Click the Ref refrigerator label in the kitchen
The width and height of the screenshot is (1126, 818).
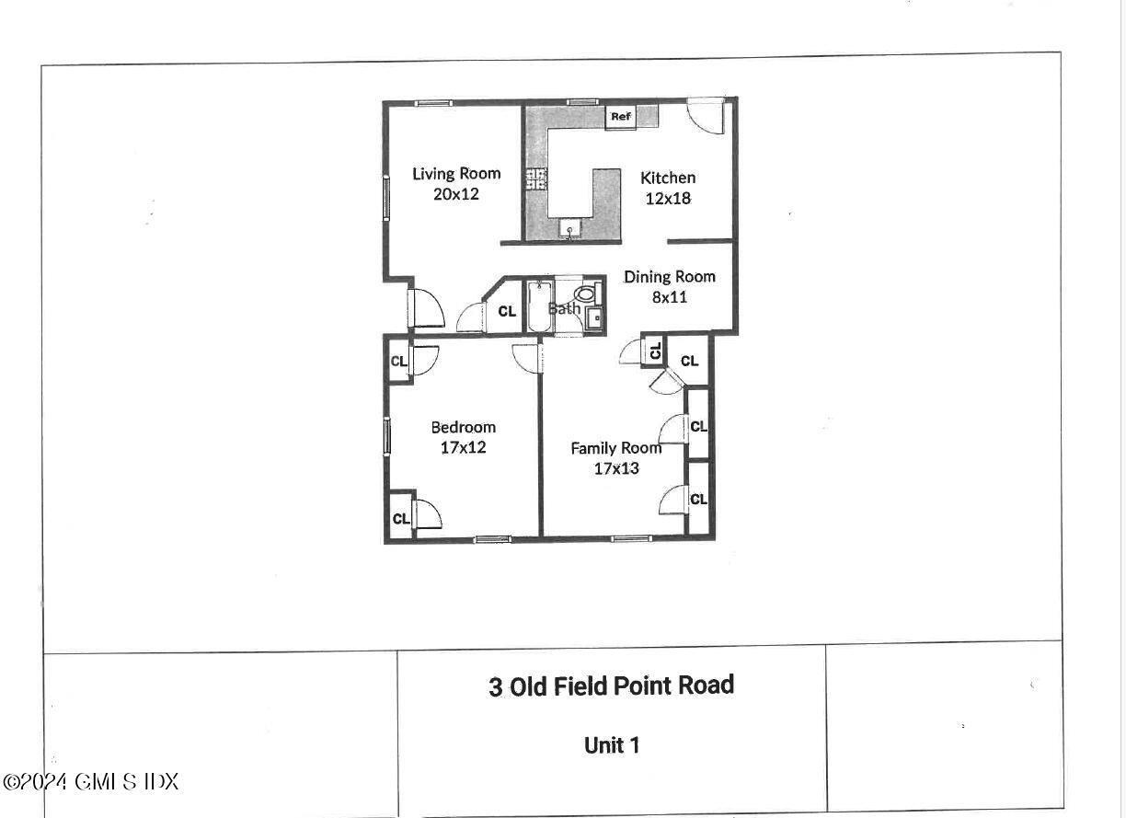pyautogui.click(x=621, y=117)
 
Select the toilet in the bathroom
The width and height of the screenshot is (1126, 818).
pyautogui.click(x=585, y=294)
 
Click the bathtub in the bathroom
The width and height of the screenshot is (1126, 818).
pyautogui.click(x=536, y=307)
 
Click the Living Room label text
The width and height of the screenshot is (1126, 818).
pyautogui.click(x=456, y=173)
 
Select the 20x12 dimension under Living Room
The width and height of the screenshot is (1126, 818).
pyautogui.click(x=456, y=194)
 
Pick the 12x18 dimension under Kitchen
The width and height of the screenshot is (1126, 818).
pyautogui.click(x=668, y=198)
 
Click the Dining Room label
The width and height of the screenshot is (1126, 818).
pyautogui.click(x=669, y=276)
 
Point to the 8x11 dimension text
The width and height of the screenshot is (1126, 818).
pyautogui.click(x=669, y=297)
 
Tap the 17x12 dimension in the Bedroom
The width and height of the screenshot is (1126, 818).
pyautogui.click(x=463, y=448)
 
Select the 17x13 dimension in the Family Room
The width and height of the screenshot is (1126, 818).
pyautogui.click(x=615, y=468)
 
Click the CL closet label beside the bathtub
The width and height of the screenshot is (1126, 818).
pyautogui.click(x=507, y=312)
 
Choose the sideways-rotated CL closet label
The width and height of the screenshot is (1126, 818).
pyautogui.click(x=655, y=351)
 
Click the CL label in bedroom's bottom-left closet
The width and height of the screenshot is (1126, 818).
pyautogui.click(x=400, y=519)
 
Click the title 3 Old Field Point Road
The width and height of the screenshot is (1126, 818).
pyautogui.click(x=611, y=686)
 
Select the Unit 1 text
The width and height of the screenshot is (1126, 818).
pyautogui.click(x=611, y=745)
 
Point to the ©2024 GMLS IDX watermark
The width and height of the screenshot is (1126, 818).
pyautogui.click(x=90, y=782)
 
